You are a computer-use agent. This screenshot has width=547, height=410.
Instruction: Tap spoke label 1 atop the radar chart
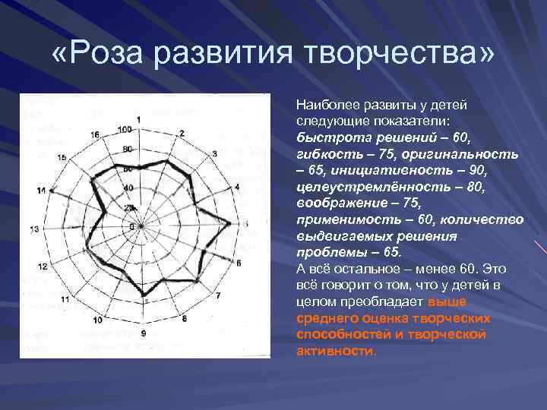click(x=140, y=120)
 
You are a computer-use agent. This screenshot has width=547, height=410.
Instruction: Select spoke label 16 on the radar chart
click(x=94, y=134)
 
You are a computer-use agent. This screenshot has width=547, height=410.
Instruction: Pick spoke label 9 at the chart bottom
click(x=143, y=333)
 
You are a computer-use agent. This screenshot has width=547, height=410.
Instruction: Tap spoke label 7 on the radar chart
click(x=219, y=295)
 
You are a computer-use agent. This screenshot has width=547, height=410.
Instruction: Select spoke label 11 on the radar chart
click(x=65, y=299)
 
